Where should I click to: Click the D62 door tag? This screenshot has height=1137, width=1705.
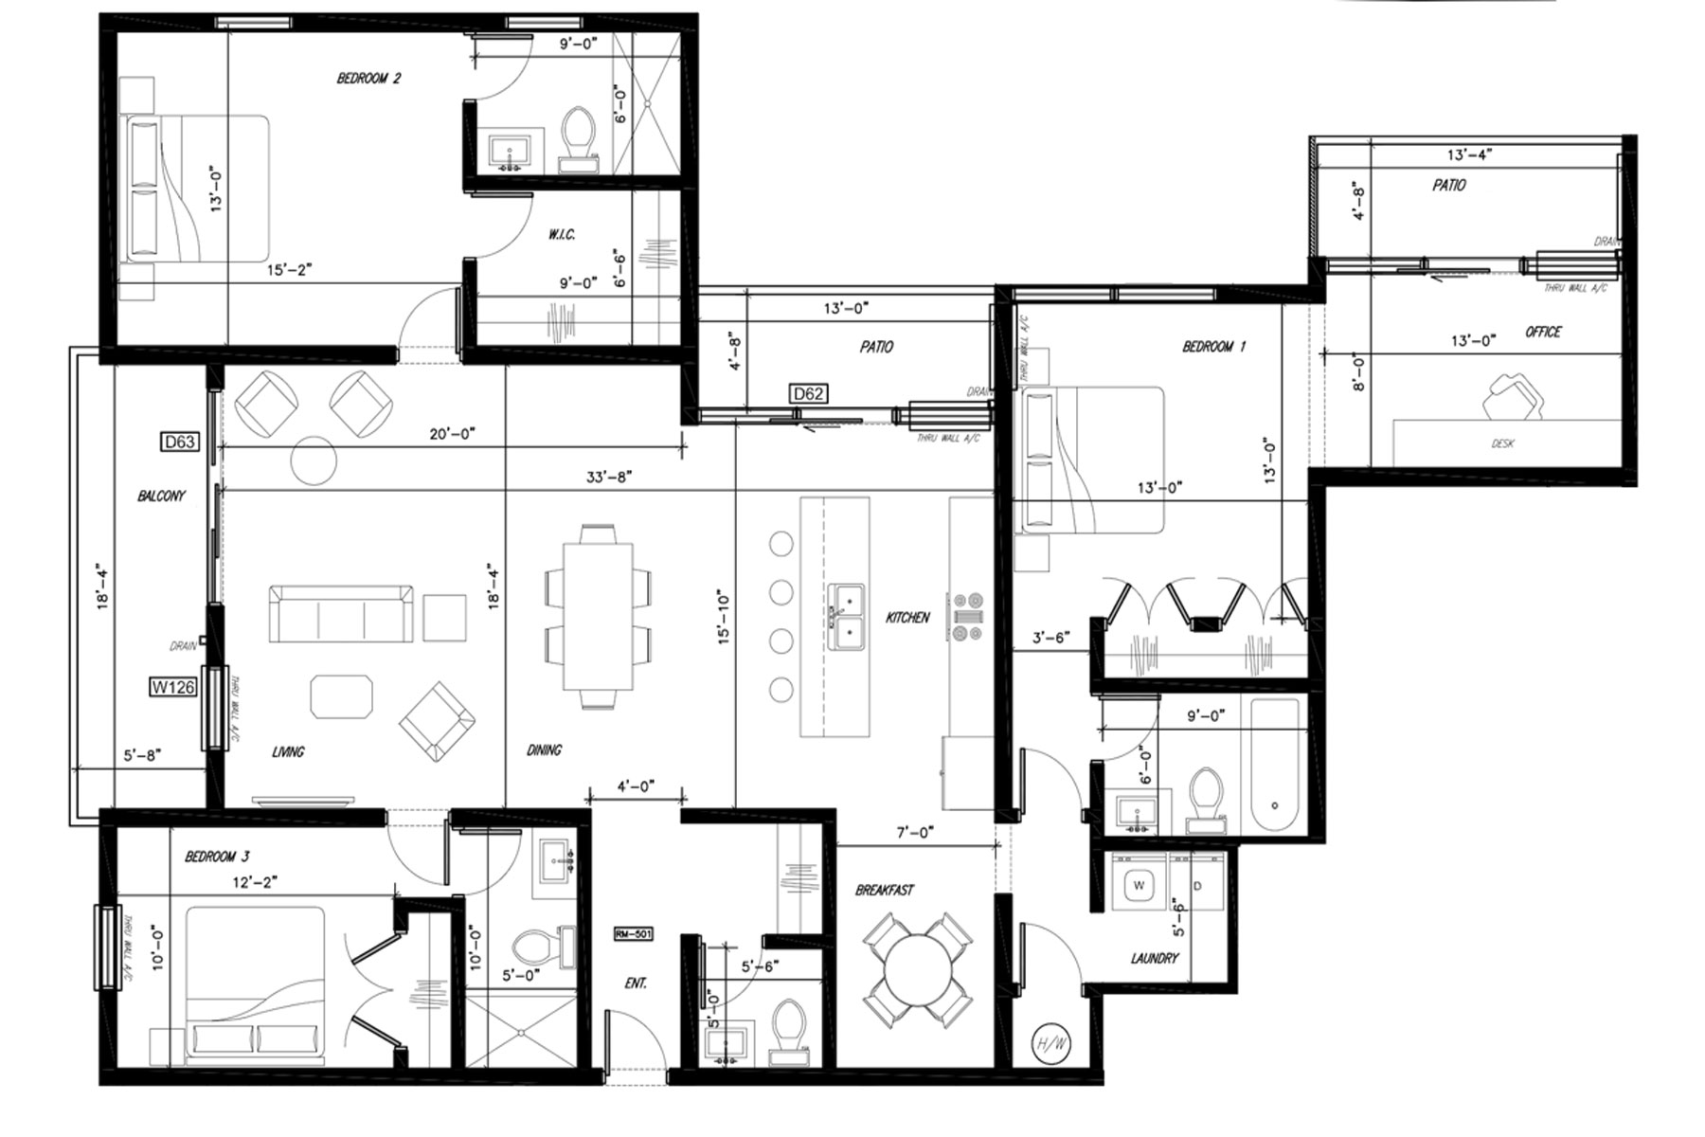(x=808, y=393)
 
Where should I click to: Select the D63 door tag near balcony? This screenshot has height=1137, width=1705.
(x=179, y=442)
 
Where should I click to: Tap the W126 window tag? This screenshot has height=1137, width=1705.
(x=173, y=687)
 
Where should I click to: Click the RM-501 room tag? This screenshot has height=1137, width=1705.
(x=634, y=934)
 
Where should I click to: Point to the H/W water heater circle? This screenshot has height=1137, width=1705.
(x=1051, y=1044)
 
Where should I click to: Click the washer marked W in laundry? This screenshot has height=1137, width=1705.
(x=1140, y=886)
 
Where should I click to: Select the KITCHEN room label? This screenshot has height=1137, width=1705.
(x=907, y=618)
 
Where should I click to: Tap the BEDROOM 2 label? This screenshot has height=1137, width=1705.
(x=368, y=79)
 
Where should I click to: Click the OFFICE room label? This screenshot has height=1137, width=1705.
(x=1543, y=332)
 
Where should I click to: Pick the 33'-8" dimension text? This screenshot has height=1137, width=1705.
(x=608, y=477)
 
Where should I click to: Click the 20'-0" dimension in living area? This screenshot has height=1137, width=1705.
(x=452, y=434)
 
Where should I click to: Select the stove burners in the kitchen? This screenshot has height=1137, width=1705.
(x=968, y=617)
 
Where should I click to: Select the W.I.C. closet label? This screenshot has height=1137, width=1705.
(x=562, y=235)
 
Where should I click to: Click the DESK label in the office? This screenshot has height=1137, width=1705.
(x=1502, y=443)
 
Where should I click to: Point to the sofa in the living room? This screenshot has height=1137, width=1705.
(x=341, y=614)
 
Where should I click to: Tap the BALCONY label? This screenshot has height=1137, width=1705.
(x=161, y=496)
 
